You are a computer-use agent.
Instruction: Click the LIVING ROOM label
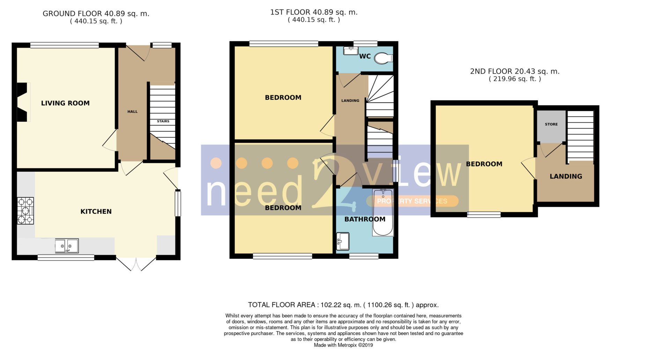coord(65,103)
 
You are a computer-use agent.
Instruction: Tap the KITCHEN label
coord(96,211)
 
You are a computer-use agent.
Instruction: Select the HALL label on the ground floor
coord(133,112)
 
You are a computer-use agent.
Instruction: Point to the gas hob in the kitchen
coord(25,211)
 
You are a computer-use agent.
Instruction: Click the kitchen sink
coord(67,246)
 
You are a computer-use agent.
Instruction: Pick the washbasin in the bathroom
coord(342,241)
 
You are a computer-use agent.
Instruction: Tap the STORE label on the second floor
coord(551,124)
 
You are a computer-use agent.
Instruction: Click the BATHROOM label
coord(365,219)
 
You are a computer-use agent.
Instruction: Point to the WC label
coord(365,56)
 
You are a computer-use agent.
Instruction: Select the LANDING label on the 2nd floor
coord(566,177)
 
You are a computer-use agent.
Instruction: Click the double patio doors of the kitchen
coord(136,264)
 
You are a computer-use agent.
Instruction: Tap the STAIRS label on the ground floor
coord(163,121)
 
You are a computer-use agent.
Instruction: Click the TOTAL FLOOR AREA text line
coord(343,305)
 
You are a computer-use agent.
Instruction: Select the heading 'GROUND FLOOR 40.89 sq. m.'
coord(96,14)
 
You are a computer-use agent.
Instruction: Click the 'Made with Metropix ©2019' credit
coord(343,345)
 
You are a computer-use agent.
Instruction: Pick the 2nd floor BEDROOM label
coord(484,164)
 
